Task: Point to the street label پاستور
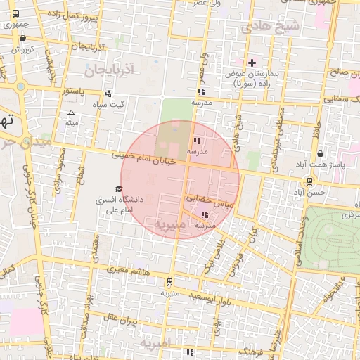(x=73, y=91)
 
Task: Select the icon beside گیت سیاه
(x=108, y=94)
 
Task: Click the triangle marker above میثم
(x=70, y=112)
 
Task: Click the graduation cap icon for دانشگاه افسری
(x=118, y=188)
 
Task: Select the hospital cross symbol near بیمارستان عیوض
(x=252, y=63)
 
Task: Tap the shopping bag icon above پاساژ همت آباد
(x=321, y=153)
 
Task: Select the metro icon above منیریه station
(x=169, y=282)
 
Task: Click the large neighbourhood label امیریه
(x=155, y=344)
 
